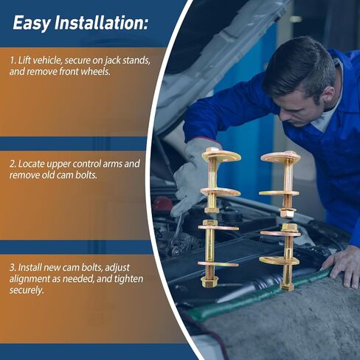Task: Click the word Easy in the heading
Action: (32, 23)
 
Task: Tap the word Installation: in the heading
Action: (101, 22)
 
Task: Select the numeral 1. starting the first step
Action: (13, 60)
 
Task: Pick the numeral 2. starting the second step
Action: (13, 164)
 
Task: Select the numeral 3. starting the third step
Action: (13, 268)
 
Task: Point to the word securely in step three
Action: (27, 291)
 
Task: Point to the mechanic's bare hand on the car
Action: (343, 268)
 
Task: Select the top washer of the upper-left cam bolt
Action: (221, 156)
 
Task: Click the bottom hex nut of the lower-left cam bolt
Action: (209, 283)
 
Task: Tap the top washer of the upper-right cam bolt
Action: (280, 156)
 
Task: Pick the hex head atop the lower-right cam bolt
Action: (288, 227)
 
